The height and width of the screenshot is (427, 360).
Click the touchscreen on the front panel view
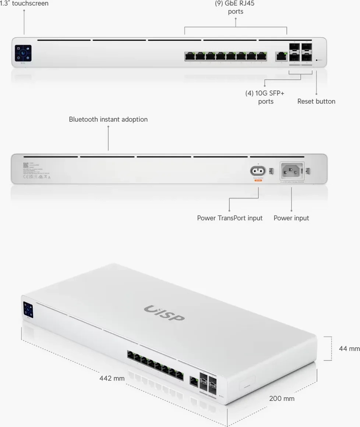point(23,53)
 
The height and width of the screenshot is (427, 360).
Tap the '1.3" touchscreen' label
point(24,3)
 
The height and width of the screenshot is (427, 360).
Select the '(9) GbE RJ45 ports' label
point(235,7)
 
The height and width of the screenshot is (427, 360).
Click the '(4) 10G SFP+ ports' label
point(265,97)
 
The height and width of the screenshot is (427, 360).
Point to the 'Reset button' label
point(316,101)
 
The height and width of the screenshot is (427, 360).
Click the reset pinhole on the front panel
point(317,60)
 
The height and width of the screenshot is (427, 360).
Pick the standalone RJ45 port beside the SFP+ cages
point(281,57)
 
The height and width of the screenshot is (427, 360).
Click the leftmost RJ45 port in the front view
point(190,56)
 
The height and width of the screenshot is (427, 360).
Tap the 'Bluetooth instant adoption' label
point(108,119)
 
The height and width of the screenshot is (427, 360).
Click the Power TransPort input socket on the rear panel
point(258,171)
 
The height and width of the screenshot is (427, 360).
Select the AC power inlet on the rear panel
point(292,171)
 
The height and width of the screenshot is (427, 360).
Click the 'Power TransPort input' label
point(230,218)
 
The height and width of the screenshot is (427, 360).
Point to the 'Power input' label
point(291,218)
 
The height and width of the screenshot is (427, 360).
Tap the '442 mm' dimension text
point(112,378)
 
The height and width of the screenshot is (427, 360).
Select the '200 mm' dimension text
point(282,398)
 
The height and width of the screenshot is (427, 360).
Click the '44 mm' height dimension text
point(349,348)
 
